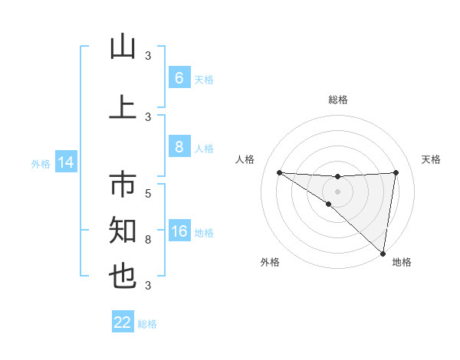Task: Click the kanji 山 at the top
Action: coord(123,47)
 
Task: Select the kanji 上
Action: coord(123,108)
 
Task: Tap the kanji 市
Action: coord(123,186)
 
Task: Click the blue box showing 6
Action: coord(179,78)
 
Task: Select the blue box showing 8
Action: coord(179,147)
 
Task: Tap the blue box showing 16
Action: coord(179,232)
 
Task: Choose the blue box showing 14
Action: coord(66,162)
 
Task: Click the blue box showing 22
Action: coord(123,322)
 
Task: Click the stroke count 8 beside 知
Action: coord(148,240)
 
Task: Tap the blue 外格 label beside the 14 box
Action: coord(41,163)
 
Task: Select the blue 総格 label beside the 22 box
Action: coord(147,323)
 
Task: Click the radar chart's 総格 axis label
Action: coord(337,100)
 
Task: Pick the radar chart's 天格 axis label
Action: coord(432,159)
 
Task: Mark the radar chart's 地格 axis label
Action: coord(402,262)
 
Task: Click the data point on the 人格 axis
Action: coord(279,172)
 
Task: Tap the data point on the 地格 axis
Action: coord(383,253)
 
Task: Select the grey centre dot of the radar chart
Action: coord(337,191)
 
